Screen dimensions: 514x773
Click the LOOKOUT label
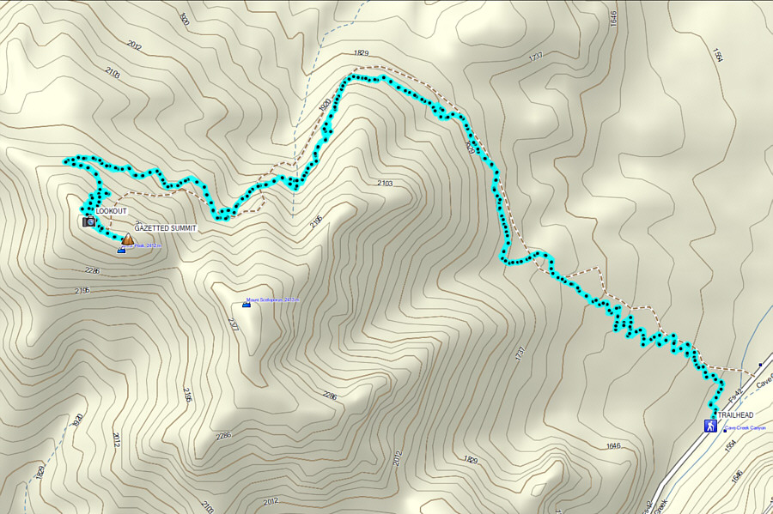coord(111,210)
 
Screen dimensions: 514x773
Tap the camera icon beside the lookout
coord(88,221)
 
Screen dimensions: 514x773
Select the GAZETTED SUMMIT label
coord(166,228)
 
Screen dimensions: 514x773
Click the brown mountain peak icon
coord(127,240)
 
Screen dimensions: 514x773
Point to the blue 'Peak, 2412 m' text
coord(146,246)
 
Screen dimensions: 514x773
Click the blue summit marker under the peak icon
coord(120,251)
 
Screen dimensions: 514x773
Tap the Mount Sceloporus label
coord(272,300)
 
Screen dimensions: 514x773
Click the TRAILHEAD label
coord(735,415)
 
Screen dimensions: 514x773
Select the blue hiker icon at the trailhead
coord(710,426)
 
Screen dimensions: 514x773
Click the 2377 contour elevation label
coord(233,324)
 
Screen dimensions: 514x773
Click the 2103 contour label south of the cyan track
coord(384,184)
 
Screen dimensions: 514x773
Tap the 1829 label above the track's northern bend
coord(360,53)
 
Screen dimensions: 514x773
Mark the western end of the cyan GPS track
coord(66,161)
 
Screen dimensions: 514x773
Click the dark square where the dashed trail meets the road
coord(760,364)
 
